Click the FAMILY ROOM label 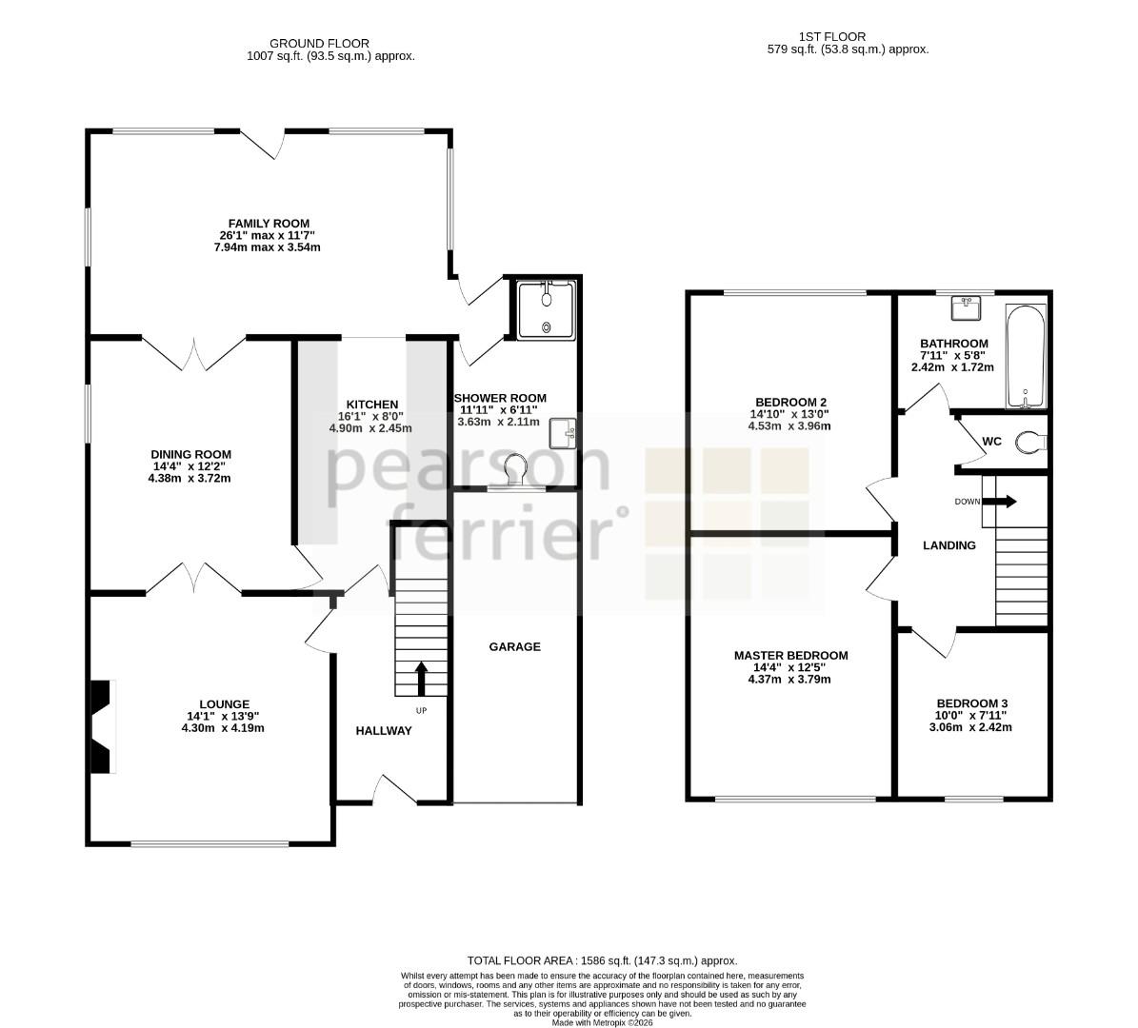pos(269,224)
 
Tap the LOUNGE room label pos(224,703)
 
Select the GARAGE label pos(514,646)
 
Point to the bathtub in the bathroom pos(1025,357)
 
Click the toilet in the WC pos(1031,441)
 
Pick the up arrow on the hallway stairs pos(420,679)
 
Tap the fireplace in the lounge pos(102,726)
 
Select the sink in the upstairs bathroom pos(966,307)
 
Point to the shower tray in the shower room pos(547,309)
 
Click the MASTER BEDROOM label pos(790,655)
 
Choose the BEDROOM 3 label pos(971,703)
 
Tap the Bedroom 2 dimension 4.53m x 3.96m pos(789,425)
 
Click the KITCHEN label pos(371,405)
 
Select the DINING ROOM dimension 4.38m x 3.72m pos(190,478)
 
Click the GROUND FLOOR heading pos(319,44)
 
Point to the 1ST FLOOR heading pos(831,36)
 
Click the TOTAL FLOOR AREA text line pos(602,960)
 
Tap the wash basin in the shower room pos(563,434)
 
